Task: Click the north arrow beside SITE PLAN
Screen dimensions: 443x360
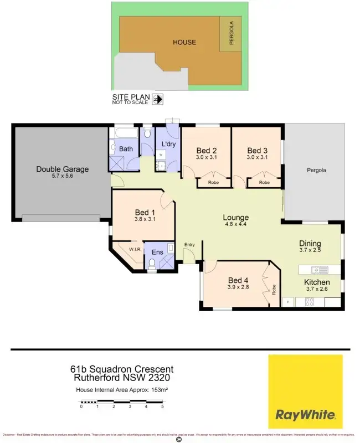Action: point(158,99)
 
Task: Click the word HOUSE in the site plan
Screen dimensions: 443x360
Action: point(184,42)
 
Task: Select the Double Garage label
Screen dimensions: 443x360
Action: point(62,169)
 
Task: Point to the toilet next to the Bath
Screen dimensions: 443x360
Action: point(146,133)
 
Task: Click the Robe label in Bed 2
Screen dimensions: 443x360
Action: point(213,182)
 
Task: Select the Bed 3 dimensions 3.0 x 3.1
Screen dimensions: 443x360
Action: point(257,158)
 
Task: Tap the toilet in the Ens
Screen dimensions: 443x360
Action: point(152,264)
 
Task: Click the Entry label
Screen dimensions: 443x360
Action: point(190,244)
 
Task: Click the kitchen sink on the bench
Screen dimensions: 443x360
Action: point(317,270)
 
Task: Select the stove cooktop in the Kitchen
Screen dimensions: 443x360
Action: point(310,302)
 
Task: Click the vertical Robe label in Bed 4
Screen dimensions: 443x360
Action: point(274,289)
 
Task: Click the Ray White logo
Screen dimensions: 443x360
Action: point(305,392)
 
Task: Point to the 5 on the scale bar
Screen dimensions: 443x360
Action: point(162,406)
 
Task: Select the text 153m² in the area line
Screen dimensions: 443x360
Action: point(160,390)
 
